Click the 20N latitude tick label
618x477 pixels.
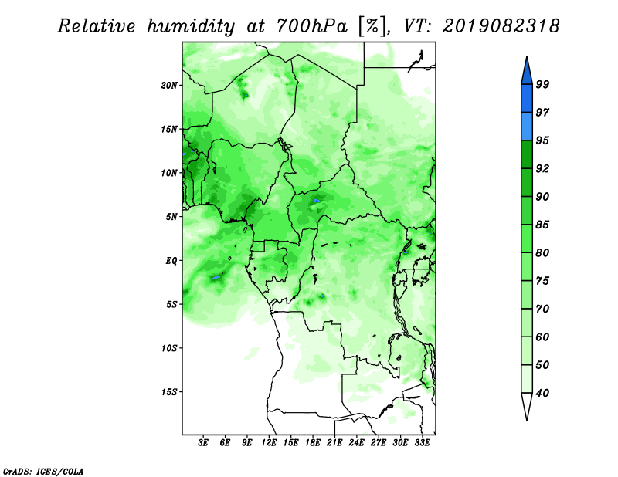coord(169,85)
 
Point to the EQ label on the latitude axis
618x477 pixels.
coord(171,261)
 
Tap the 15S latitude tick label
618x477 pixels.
coord(169,392)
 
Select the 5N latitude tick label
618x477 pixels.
coord(171,217)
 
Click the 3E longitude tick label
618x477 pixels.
coord(203,443)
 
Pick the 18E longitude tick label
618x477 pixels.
coord(313,443)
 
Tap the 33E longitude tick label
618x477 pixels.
coord(422,443)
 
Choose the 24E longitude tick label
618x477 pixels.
coord(356,443)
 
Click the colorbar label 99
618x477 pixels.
coord(542,84)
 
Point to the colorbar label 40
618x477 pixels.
coord(542,393)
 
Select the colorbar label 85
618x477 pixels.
coord(542,225)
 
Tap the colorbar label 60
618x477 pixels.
coord(542,337)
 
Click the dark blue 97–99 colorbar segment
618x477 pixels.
coord(527,99)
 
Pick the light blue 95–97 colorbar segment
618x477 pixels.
coord(527,127)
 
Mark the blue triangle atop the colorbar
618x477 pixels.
coord(527,72)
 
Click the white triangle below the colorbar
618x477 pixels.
coord(527,405)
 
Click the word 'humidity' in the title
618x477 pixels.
coord(191,26)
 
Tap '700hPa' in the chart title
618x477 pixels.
coord(312,26)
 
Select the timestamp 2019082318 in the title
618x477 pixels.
coord(501,26)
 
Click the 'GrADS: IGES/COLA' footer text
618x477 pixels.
coord(43,471)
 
